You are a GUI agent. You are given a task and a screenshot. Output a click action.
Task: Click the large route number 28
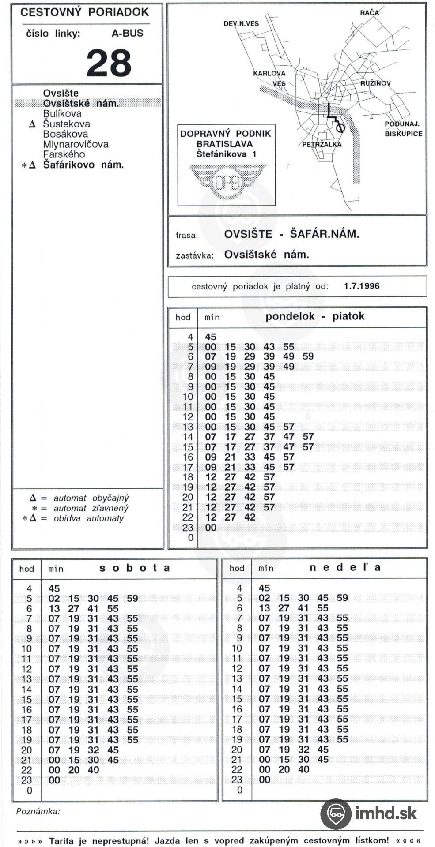coord(109,63)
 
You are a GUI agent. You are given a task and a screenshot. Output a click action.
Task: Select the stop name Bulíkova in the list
coord(62,114)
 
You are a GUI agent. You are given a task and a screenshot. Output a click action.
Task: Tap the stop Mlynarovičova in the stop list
coord(76,144)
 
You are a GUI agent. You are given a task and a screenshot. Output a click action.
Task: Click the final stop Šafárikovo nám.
coord(83,165)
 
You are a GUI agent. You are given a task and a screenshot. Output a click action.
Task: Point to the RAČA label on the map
coord(369,13)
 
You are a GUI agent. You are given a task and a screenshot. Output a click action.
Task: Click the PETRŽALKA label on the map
coord(322,144)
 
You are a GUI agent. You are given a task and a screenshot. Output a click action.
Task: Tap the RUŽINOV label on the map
coord(375,83)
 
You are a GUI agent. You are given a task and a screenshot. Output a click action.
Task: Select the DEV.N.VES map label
coord(241,23)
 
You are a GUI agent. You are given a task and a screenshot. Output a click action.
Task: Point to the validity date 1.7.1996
coord(362,286)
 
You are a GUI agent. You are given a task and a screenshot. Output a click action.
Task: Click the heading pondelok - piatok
coord(315,316)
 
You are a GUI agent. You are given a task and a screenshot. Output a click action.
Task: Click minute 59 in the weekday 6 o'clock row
coord(308,356)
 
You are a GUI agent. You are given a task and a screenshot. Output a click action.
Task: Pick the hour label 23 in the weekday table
coord(188,528)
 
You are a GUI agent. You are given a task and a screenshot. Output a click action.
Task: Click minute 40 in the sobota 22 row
coord(93,770)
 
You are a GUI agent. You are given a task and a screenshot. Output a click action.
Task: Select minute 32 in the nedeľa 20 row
coord(303,750)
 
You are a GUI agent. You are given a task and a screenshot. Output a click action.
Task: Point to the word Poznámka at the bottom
coord(38,811)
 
